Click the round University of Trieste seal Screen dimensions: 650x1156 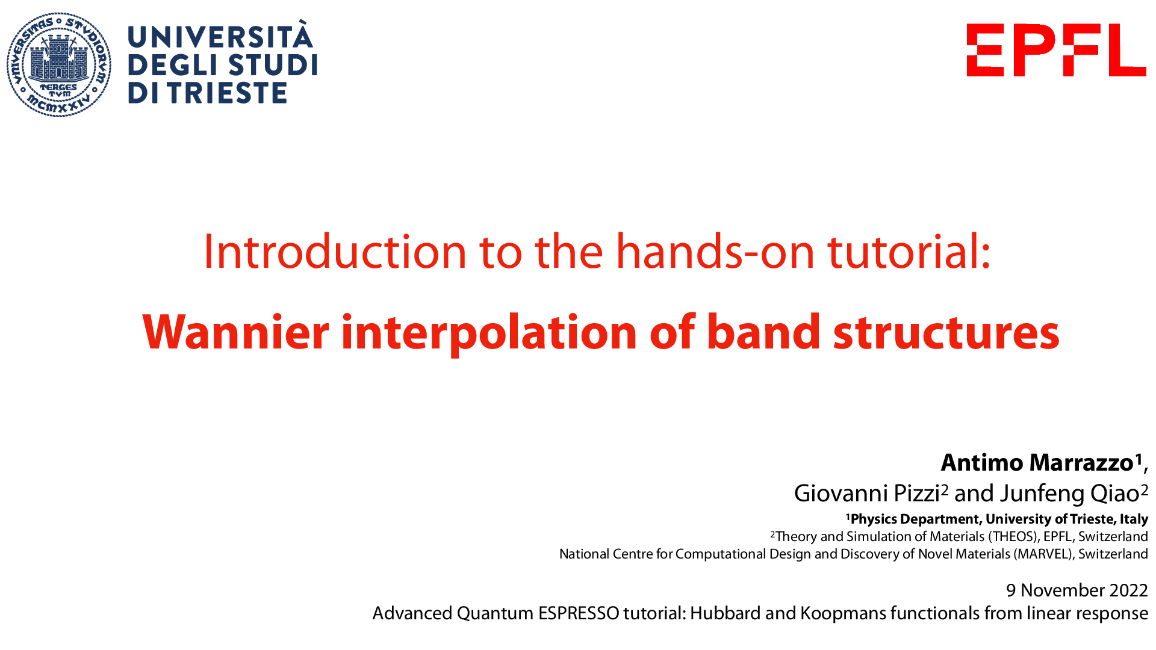pos(59,64)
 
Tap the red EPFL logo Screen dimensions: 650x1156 pos(1056,50)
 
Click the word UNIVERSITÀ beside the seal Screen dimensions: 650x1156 pos(220,37)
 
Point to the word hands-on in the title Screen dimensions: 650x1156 pos(715,252)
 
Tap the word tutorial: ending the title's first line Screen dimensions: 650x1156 pos(909,252)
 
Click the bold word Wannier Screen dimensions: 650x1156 pos(235,332)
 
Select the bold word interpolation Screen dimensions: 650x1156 pos(489,332)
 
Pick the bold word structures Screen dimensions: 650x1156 pos(946,332)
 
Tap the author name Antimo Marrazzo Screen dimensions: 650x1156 pos(1037,463)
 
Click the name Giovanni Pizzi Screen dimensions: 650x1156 pos(867,494)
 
